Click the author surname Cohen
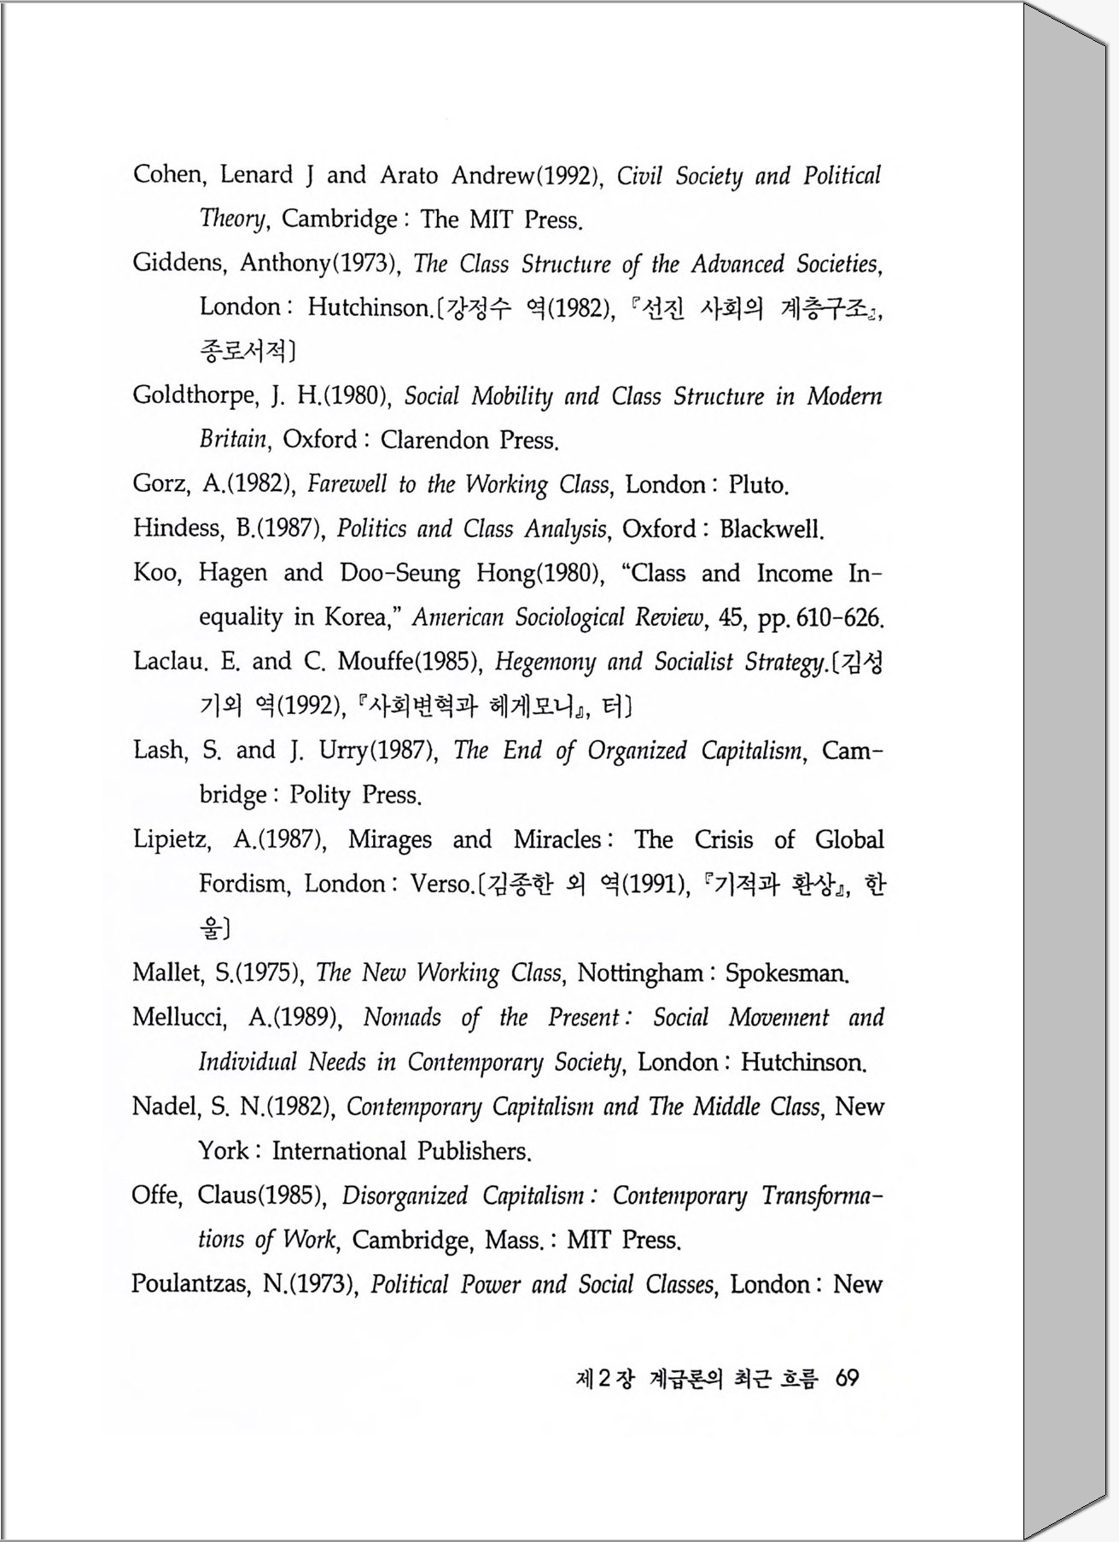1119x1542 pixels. coord(167,175)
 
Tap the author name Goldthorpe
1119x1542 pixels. coord(194,396)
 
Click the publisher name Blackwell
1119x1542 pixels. coord(770,529)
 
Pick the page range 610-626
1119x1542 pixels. coord(838,617)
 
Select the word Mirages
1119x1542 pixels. coord(390,840)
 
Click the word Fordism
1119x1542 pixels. coord(243,884)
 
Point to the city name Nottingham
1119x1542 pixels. coord(640,973)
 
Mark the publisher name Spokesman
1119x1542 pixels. coord(785,973)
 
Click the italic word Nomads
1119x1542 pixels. coord(402,1018)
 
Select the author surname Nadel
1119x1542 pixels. coord(165,1107)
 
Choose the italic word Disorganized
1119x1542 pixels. coord(405,1195)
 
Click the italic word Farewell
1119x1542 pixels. coord(347,485)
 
